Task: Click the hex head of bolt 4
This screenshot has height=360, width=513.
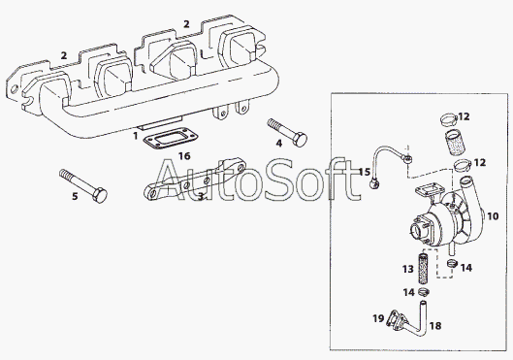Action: (x=300, y=140)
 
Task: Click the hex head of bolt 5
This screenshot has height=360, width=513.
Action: (x=100, y=195)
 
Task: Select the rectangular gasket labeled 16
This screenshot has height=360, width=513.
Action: (x=171, y=138)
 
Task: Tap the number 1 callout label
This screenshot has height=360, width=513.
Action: (x=136, y=136)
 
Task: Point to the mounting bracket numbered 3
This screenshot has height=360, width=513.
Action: (x=195, y=180)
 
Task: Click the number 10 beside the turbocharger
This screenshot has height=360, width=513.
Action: (x=493, y=216)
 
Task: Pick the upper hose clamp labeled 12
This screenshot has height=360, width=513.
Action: (x=448, y=119)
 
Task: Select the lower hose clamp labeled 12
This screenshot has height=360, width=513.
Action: (x=462, y=165)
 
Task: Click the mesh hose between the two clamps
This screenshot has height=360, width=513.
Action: (x=455, y=142)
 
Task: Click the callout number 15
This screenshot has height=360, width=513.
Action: (x=364, y=172)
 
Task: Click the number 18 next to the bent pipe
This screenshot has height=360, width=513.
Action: (x=435, y=326)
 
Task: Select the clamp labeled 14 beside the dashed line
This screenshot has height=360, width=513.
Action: (x=452, y=262)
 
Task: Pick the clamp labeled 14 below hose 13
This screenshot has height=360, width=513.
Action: (x=424, y=291)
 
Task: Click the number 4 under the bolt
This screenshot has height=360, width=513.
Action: (x=278, y=143)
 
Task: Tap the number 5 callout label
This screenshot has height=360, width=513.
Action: (x=75, y=196)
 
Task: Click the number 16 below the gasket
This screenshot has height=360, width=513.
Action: (x=184, y=156)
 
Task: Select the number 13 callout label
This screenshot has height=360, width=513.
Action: (x=408, y=269)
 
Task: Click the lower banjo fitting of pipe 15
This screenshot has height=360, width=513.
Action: (x=374, y=184)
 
